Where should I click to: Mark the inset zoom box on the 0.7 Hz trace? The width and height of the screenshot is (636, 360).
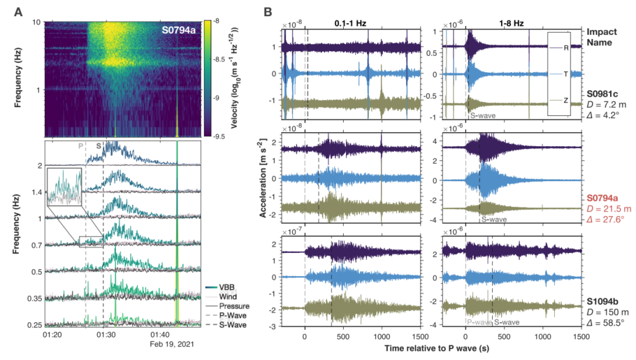click(91, 241)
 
